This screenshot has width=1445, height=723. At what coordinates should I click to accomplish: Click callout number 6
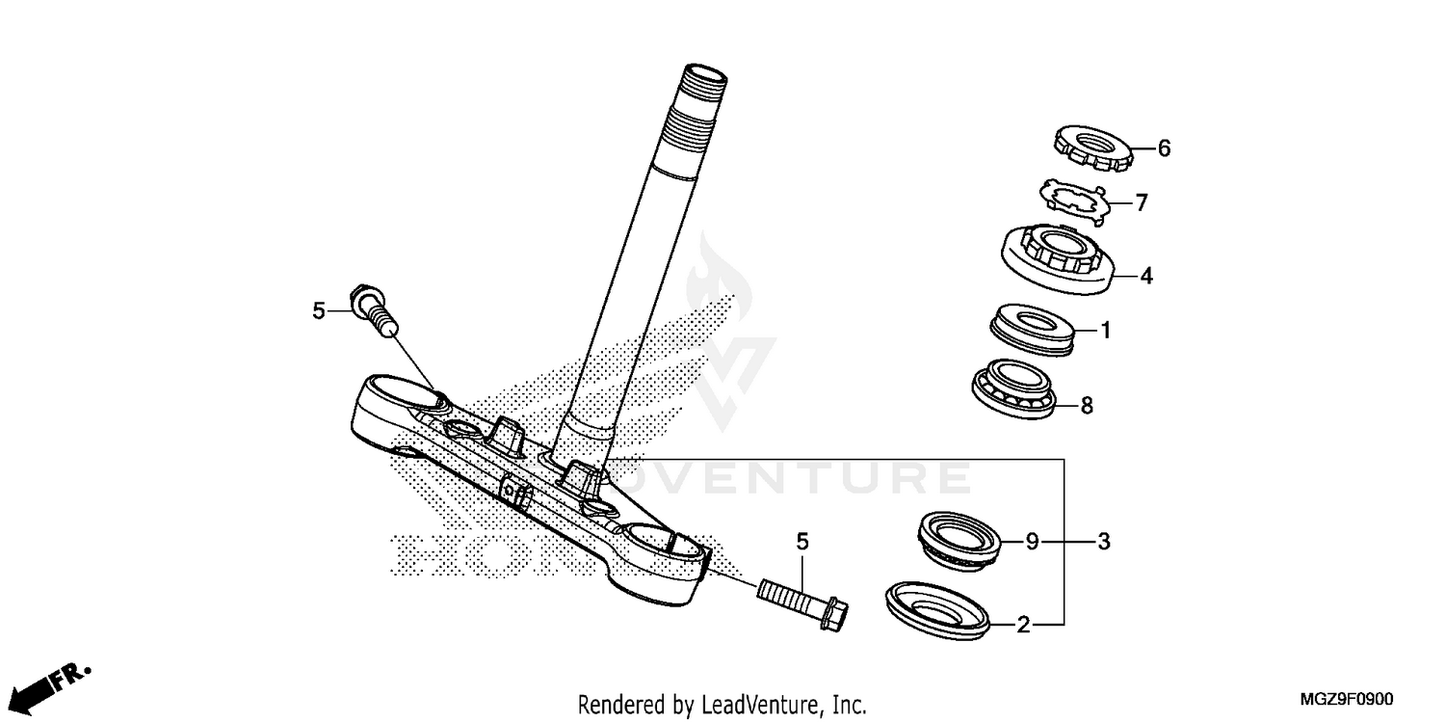coord(1164,148)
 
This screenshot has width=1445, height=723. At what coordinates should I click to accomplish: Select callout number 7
coord(1142,203)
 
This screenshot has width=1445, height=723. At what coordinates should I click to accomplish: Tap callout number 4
coord(1145,277)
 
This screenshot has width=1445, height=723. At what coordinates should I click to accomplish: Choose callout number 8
coord(1087,406)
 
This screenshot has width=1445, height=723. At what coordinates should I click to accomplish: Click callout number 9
coord(1031,543)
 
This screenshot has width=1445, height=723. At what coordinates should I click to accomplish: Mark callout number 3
coord(1104,543)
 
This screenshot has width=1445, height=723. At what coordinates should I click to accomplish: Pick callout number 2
coord(1024,627)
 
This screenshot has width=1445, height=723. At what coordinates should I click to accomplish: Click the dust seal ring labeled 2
coord(938,609)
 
